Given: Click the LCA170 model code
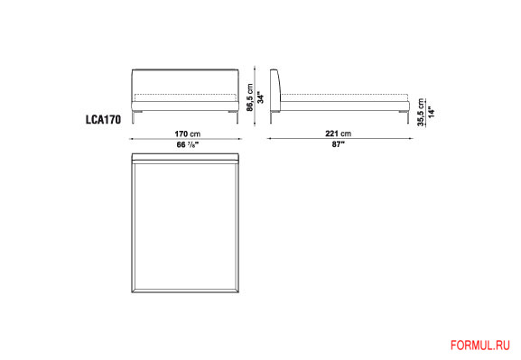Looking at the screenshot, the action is [x=103, y=120].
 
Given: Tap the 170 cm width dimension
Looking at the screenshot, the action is [x=188, y=134].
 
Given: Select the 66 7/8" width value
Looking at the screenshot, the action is [x=188, y=144].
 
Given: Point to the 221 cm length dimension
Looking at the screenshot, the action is [x=338, y=134].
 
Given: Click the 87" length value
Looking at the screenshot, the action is [x=339, y=144].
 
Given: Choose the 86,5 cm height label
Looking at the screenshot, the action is [x=250, y=97].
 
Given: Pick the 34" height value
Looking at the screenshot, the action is [x=261, y=98].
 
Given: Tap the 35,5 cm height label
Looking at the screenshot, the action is [x=421, y=112].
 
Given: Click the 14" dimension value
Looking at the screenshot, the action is [x=432, y=112].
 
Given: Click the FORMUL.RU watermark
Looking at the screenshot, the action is [x=480, y=346].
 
